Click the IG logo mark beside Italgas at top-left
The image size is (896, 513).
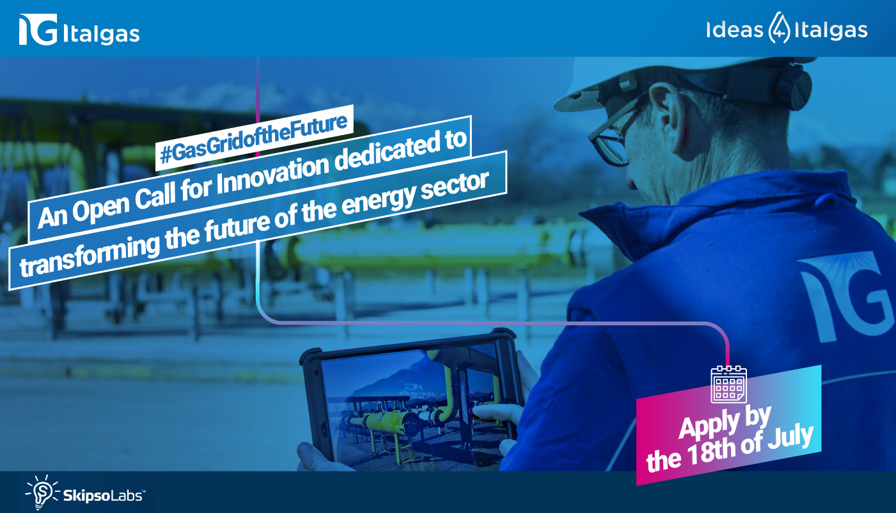point(38,29)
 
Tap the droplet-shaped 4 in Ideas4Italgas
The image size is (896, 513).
point(779,28)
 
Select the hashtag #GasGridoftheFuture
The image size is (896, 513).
point(254,138)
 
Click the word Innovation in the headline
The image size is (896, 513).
point(272,175)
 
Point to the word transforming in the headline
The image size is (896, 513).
point(89,254)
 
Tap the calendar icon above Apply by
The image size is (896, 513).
point(729,384)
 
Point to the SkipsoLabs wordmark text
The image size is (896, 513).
point(104,496)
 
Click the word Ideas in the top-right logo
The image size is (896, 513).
point(734,30)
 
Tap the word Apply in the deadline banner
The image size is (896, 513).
point(709,425)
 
